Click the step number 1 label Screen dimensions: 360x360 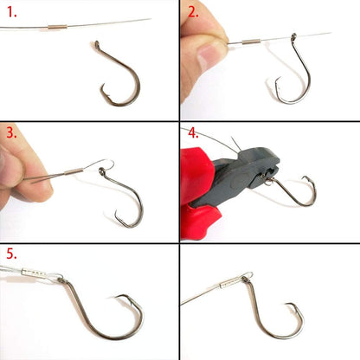click(x=12, y=12)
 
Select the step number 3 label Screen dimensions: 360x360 click(x=12, y=133)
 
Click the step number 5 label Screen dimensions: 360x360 click(x=12, y=254)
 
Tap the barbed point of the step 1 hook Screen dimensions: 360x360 click(x=102, y=87)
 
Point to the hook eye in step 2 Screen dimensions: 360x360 click(x=293, y=36)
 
